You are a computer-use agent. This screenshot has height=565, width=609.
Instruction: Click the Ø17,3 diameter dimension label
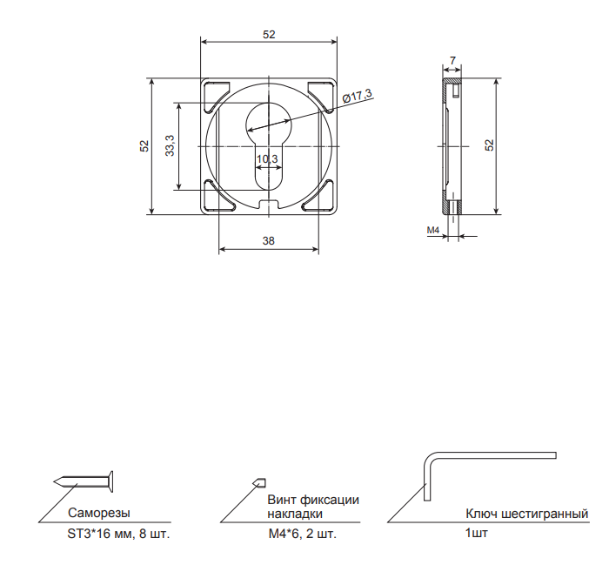pos(358,96)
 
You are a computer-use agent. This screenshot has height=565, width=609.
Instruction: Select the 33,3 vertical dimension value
pos(170,145)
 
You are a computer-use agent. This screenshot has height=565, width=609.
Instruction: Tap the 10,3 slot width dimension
pos(267,159)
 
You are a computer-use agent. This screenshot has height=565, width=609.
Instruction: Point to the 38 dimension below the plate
pos(268,241)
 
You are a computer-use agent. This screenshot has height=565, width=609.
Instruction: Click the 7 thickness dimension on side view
pos(453,61)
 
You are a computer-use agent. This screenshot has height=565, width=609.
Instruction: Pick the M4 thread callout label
pos(433,230)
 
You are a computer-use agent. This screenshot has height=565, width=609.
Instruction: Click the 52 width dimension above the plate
pos(269,35)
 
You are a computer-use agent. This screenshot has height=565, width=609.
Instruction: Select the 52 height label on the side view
pos(490,145)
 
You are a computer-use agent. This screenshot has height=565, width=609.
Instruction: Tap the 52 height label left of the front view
pos(144,146)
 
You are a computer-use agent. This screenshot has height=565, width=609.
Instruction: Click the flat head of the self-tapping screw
pos(111,481)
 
